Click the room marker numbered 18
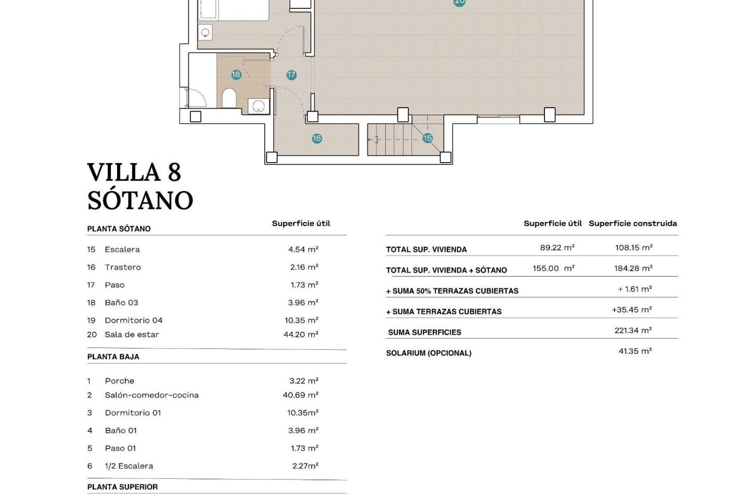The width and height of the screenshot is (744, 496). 236,74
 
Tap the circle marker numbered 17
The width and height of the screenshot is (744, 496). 291,75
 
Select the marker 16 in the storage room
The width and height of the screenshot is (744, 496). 317,138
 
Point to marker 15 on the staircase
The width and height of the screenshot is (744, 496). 427,138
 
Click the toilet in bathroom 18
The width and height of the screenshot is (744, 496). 229,98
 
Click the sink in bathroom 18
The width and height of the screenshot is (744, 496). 258,106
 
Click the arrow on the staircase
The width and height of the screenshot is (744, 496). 373,139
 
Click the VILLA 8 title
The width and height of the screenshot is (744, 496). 134,172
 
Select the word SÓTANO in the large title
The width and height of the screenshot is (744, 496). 140,200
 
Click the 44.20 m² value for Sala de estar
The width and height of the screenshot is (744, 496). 301,334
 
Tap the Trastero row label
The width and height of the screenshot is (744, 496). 123,267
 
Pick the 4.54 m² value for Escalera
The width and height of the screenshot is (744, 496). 303,249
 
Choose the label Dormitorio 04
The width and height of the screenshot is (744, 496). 134,320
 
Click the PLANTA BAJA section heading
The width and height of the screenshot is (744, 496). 113,356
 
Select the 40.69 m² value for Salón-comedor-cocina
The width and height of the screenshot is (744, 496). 301,395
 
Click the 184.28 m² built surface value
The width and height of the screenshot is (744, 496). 633,268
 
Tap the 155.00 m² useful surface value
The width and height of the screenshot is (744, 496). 553,268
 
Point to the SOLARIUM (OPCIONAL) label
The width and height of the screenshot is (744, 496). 429,353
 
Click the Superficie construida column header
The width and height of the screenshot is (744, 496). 633,223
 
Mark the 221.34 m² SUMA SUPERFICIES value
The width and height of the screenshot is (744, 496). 633,330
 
